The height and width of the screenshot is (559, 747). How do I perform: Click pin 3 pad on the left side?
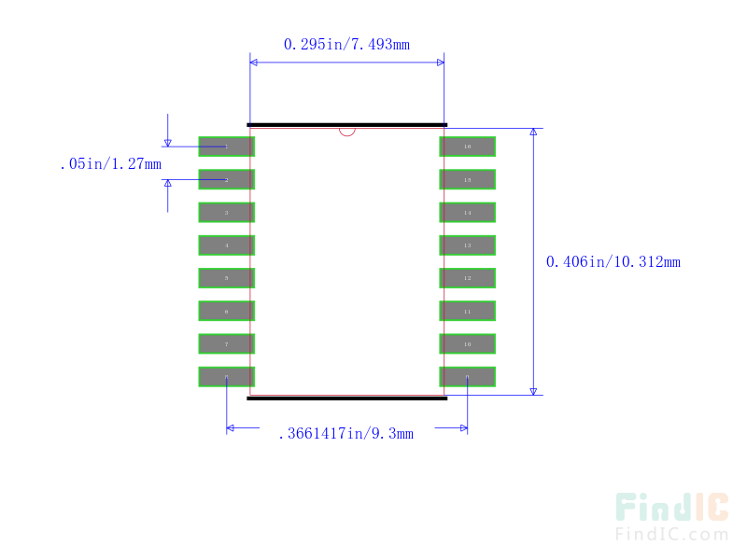pyautogui.click(x=226, y=213)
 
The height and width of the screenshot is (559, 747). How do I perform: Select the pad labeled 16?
pyautogui.click(x=467, y=147)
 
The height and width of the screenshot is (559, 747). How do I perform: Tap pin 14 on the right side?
pyautogui.click(x=467, y=213)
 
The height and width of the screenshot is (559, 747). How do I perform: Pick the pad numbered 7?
pyautogui.click(x=226, y=344)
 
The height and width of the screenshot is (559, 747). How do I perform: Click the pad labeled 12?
pyautogui.click(x=467, y=278)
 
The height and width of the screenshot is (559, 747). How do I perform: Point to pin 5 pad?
pyautogui.click(x=226, y=278)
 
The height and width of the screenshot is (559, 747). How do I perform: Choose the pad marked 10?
pyautogui.click(x=467, y=344)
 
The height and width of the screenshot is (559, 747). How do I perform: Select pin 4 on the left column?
pyautogui.click(x=226, y=245)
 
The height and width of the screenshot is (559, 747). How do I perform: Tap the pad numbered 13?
pyautogui.click(x=467, y=245)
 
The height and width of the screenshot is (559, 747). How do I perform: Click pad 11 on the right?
pyautogui.click(x=467, y=312)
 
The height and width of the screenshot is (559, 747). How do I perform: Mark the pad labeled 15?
pyautogui.click(x=467, y=179)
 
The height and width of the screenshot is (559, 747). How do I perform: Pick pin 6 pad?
pyautogui.click(x=226, y=312)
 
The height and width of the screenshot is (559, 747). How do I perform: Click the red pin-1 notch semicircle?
pyautogui.click(x=347, y=132)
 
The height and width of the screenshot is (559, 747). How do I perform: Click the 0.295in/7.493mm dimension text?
pyautogui.click(x=346, y=44)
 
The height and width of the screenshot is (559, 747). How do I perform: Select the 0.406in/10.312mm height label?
pyautogui.click(x=613, y=261)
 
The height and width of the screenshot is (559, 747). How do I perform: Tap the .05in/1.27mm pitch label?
pyautogui.click(x=109, y=164)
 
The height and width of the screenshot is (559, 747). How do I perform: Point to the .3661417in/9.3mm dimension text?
pyautogui.click(x=345, y=433)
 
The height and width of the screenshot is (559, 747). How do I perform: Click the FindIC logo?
pyautogui.click(x=671, y=516)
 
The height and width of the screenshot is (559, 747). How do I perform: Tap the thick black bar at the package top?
pyautogui.click(x=347, y=124)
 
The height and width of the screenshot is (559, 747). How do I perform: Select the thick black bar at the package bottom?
pyautogui.click(x=347, y=398)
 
